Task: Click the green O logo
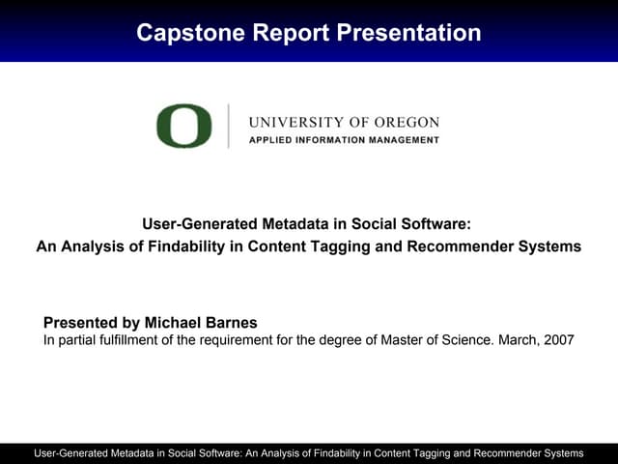[x=183, y=126]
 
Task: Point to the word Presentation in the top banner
[x=409, y=33]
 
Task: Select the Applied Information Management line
[x=344, y=140]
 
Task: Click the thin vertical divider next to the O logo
[x=229, y=126]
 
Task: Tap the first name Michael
[x=177, y=322]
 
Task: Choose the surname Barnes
[x=234, y=322]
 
